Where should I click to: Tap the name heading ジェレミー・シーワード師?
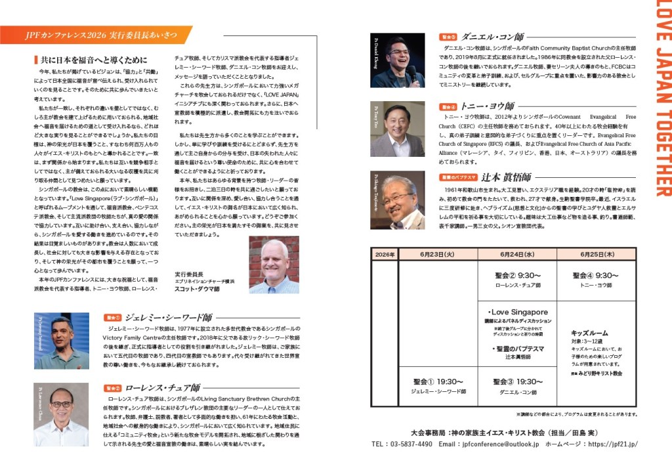[169, 316]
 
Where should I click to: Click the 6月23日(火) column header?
[438, 254]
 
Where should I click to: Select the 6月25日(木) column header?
[597, 254]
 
